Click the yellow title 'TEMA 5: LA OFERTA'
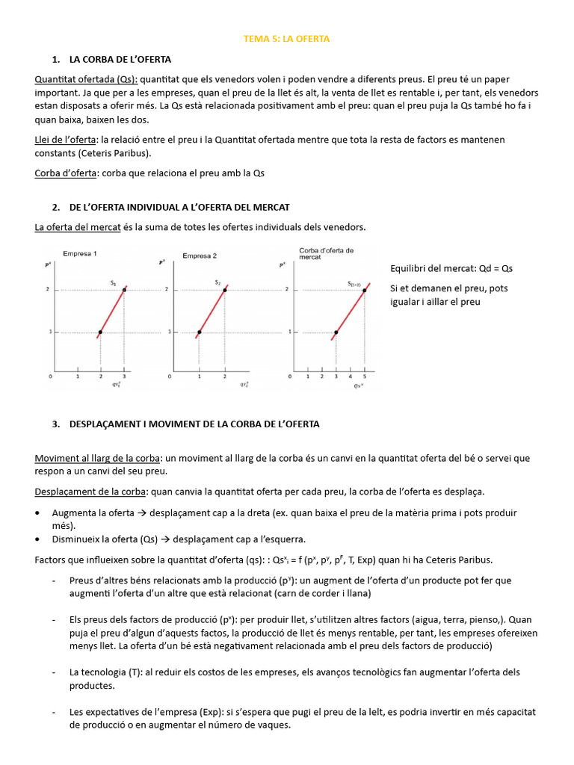coord(286,38)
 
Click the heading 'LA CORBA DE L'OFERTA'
coord(120,59)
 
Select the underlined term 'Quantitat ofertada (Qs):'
coord(86,79)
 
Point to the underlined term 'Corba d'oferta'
coord(66,173)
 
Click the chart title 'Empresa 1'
coord(80,254)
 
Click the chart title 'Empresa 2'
coord(200,255)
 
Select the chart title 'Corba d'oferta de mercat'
coord(326,253)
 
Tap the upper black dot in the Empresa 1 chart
coord(125,290)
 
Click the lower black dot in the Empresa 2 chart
coord(199,332)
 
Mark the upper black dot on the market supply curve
coord(365,290)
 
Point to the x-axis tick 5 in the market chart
coord(365,377)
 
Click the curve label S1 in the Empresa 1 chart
coord(114,282)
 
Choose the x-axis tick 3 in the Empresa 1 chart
coord(125,377)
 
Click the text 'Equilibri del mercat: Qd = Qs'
coord(451,268)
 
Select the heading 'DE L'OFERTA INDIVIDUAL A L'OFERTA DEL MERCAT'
coord(179,207)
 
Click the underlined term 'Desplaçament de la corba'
coord(90,492)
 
